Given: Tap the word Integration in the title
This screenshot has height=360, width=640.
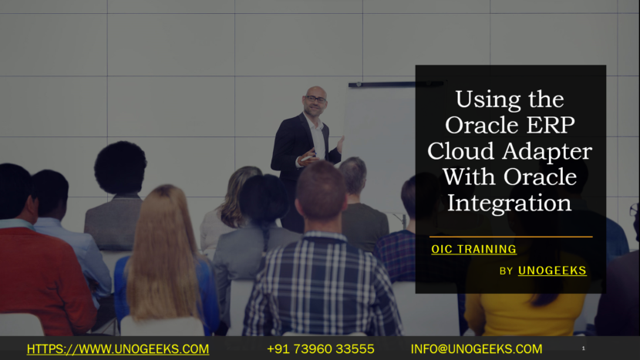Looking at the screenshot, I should click(x=510, y=204).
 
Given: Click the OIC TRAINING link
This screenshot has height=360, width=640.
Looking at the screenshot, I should click(x=473, y=249).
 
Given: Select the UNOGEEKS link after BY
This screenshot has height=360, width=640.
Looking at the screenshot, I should click(x=552, y=271).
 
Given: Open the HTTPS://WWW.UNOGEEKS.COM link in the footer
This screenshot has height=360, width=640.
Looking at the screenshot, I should click(x=118, y=349).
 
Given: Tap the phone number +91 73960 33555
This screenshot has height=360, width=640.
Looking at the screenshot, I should click(x=321, y=349).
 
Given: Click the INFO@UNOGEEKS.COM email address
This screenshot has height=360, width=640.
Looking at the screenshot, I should click(x=477, y=349).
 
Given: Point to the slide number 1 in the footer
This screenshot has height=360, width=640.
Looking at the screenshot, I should click(x=583, y=349).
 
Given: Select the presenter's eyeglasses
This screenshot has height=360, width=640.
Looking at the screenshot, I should click(x=315, y=99).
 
